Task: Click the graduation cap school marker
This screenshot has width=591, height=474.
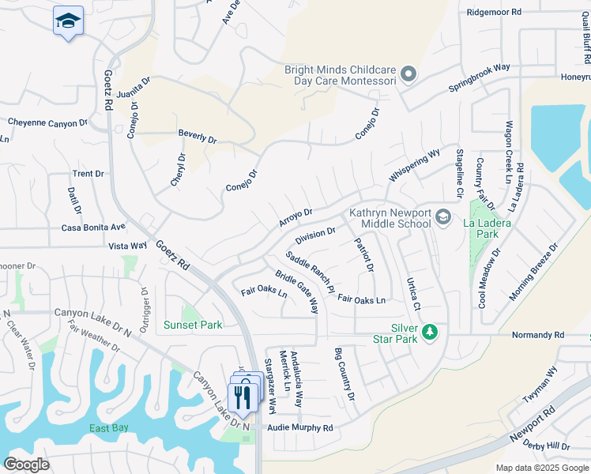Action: [68, 21]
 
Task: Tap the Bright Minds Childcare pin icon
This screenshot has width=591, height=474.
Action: [408, 75]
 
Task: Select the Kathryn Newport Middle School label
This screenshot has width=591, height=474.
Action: [390, 219]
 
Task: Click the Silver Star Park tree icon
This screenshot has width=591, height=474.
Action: [429, 332]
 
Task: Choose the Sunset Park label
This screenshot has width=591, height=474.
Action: [193, 325]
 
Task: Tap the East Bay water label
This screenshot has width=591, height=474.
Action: [110, 428]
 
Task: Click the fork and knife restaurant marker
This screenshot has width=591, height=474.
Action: [243, 396]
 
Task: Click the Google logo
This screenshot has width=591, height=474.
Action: [27, 465]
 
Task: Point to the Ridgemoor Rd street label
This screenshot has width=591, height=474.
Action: [495, 12]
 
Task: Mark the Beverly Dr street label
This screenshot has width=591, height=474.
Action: [197, 137]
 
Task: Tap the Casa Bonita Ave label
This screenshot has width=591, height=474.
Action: [93, 227]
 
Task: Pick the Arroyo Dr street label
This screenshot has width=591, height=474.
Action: [295, 217]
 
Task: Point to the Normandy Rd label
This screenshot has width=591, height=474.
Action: [538, 335]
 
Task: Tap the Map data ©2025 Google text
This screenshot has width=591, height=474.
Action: [541, 468]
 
